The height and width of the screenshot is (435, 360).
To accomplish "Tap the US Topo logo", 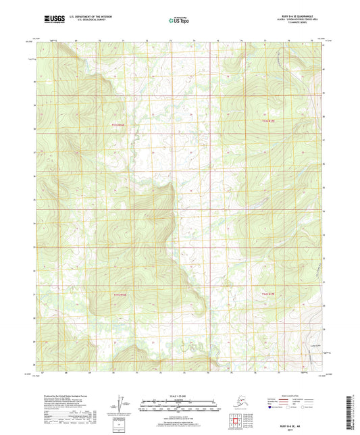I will pyautogui.click(x=179, y=21).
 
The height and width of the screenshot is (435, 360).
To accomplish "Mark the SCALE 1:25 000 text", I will pyautogui.click(x=179, y=396).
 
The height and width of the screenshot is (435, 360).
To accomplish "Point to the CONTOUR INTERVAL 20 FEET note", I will pyautogui.click(x=179, y=413).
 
